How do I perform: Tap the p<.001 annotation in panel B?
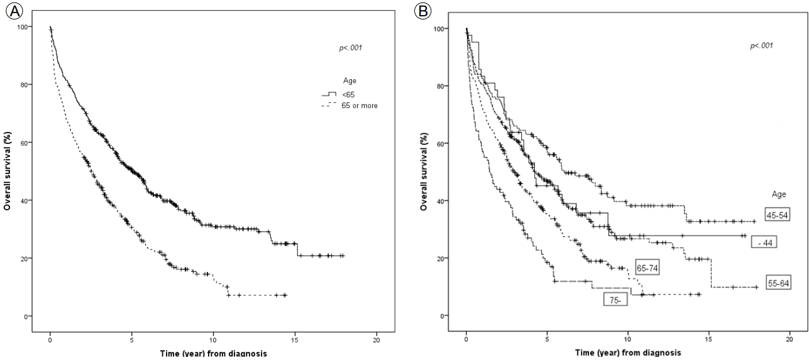pyautogui.click(x=762, y=46)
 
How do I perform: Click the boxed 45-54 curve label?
pyautogui.click(x=777, y=215)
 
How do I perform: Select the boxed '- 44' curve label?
pyautogui.click(x=764, y=243)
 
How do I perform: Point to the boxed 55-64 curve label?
pyautogui.click(x=778, y=282)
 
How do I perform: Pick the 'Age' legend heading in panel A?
pyautogui.click(x=349, y=81)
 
